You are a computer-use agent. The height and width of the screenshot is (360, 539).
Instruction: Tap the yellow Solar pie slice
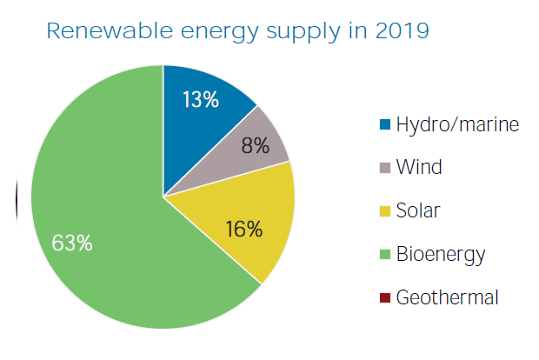248,220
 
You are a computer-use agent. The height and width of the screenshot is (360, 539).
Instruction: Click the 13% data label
201,100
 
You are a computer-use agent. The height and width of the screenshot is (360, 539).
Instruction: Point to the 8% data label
256,145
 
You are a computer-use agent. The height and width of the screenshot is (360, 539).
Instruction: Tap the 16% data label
244,229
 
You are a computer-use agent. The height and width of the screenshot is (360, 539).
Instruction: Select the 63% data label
72,243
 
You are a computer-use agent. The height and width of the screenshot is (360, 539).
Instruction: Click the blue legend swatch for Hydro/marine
385,124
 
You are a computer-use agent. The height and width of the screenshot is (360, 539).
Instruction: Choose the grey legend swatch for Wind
385,168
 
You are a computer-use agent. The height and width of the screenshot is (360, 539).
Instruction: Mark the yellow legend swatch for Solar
385,211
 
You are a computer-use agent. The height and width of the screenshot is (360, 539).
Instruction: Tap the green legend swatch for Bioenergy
385,255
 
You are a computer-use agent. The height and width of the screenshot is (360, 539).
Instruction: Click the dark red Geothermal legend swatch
385,297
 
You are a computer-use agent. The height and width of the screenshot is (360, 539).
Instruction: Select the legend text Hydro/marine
457,124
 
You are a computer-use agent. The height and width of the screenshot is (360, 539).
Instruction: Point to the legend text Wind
419,167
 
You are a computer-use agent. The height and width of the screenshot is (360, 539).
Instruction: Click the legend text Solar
418,210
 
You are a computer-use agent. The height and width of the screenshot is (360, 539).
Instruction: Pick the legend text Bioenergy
441,255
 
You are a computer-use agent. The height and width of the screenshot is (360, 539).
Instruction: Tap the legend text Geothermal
447,297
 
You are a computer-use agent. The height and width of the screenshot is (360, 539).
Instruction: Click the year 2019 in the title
403,31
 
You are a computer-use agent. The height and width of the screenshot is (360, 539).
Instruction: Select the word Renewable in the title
110,31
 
